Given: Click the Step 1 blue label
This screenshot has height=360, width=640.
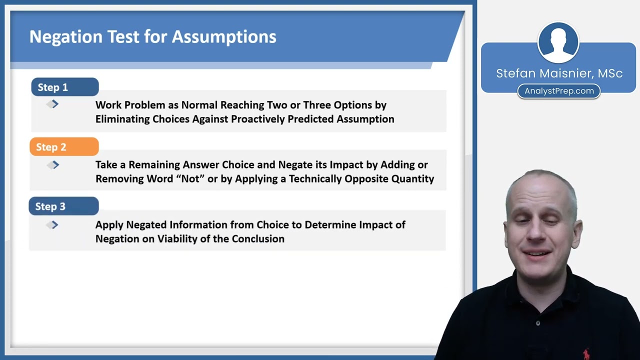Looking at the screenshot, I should [x=64, y=87].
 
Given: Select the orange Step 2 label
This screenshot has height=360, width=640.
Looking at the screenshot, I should [x=64, y=147].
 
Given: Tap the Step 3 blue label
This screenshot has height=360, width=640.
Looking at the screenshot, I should [x=63, y=206].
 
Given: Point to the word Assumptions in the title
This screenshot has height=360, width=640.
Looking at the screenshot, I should [x=224, y=36].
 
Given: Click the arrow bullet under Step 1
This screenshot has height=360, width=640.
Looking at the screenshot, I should [x=53, y=104].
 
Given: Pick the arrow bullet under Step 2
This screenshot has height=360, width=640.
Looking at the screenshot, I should [x=53, y=164].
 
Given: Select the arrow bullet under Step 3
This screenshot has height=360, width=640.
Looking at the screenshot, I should [x=53, y=225].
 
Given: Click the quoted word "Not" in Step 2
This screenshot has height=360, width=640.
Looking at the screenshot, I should [x=190, y=178].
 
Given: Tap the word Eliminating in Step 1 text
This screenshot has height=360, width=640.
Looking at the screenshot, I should [x=122, y=119].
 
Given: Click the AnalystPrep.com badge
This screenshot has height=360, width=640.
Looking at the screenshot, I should [x=559, y=91].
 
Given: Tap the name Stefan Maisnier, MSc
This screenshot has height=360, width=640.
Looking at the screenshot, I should [x=559, y=73].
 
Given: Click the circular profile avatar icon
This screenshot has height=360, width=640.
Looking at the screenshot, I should [x=558, y=42].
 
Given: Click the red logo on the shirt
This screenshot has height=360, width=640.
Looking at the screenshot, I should [x=586, y=353].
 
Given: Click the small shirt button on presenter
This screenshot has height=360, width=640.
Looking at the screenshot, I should [x=538, y=323].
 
